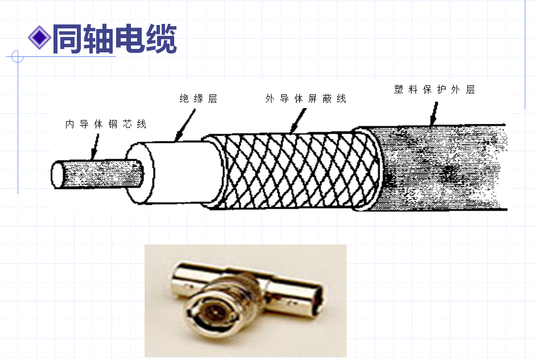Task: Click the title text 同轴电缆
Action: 114,38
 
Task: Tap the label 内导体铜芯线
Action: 106,124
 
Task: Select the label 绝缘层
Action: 199,99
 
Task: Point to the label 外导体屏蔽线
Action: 306,99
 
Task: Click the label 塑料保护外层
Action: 434,90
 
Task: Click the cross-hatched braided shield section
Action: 290,171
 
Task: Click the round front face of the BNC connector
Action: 214,312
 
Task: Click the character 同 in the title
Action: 67,38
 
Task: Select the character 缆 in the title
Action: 160,38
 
